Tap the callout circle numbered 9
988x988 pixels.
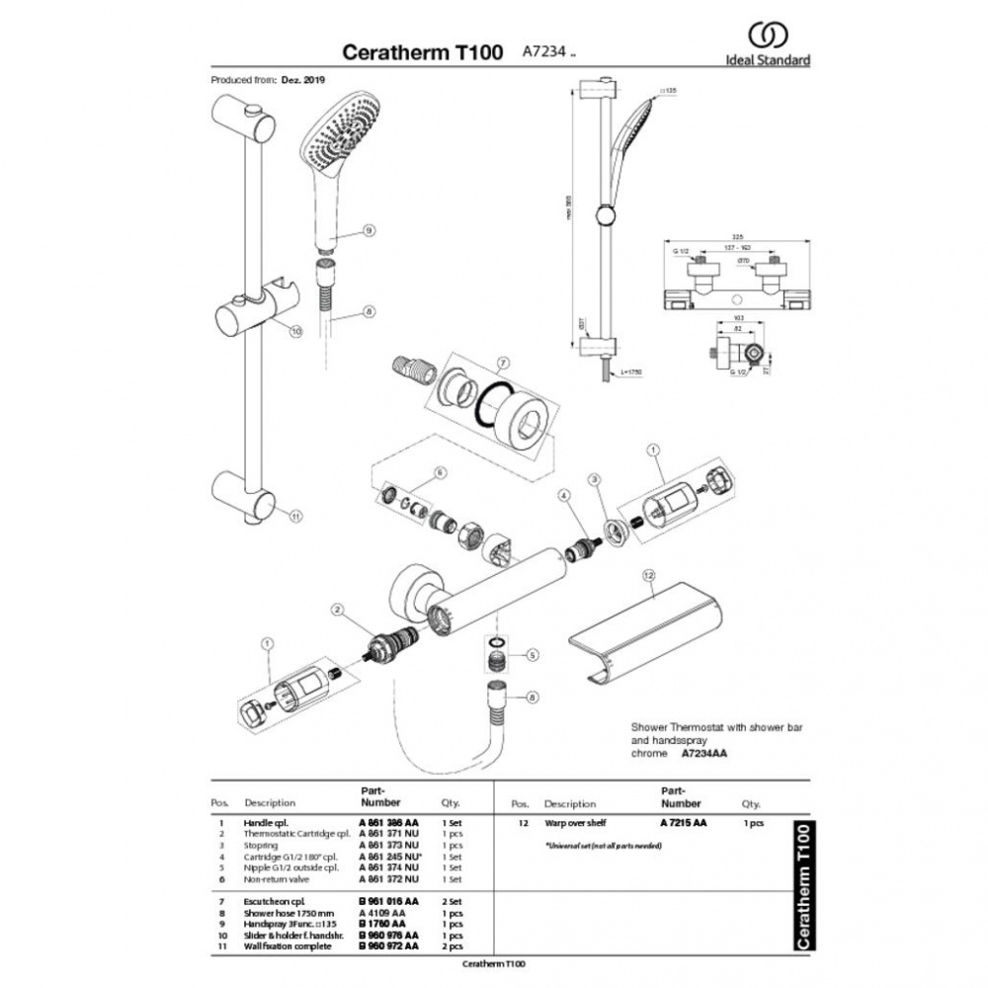[369, 230]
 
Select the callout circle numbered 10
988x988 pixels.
[294, 332]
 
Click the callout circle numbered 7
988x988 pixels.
[502, 362]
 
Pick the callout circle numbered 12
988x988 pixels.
[649, 574]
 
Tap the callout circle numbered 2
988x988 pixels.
[338, 612]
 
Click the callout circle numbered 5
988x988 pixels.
[533, 655]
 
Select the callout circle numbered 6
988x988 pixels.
[441, 472]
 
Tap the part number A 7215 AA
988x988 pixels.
[684, 822]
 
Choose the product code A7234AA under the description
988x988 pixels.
[704, 753]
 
